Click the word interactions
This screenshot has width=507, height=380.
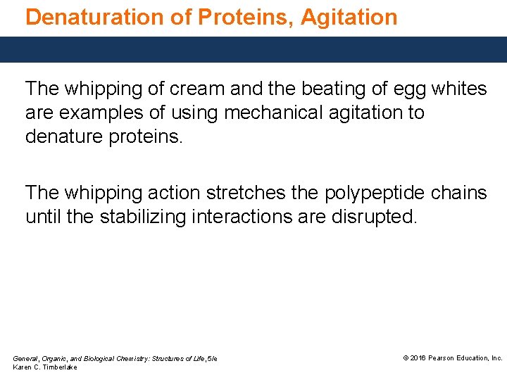pyautogui.click(x=249, y=217)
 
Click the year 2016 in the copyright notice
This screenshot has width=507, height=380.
pyautogui.click(x=417, y=358)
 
